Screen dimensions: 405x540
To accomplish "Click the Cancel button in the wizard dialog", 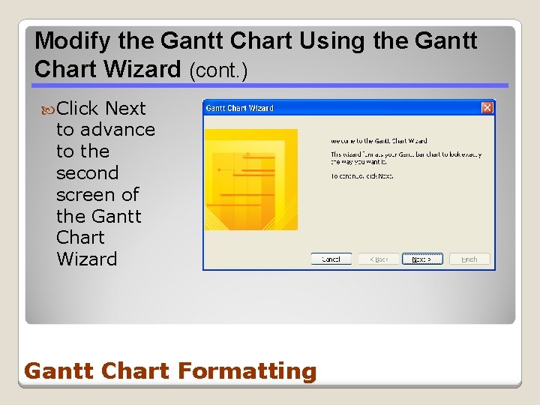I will (331, 259).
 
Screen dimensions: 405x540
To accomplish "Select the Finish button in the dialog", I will (469, 259).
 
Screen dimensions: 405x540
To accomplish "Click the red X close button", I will (487, 108).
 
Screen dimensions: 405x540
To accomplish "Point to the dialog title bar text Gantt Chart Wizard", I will (240, 108).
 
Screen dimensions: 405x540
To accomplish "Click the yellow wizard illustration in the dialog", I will (250, 179).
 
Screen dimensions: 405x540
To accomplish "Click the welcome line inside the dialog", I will (379, 140).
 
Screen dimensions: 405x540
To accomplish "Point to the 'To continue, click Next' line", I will (362, 176).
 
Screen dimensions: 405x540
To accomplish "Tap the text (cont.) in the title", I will (218, 70).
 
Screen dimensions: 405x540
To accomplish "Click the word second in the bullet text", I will (87, 173).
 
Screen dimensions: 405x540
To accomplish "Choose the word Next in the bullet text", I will (125, 109).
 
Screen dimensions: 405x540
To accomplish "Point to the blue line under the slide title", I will (270, 85).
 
